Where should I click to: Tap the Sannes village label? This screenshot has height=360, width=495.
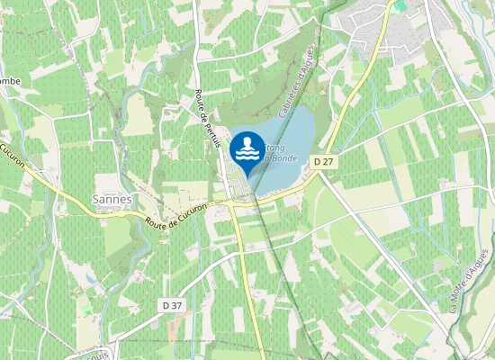tap(112, 199)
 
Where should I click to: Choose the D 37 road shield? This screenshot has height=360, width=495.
tap(173, 306)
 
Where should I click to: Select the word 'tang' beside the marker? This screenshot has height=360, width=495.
tap(276, 146)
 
